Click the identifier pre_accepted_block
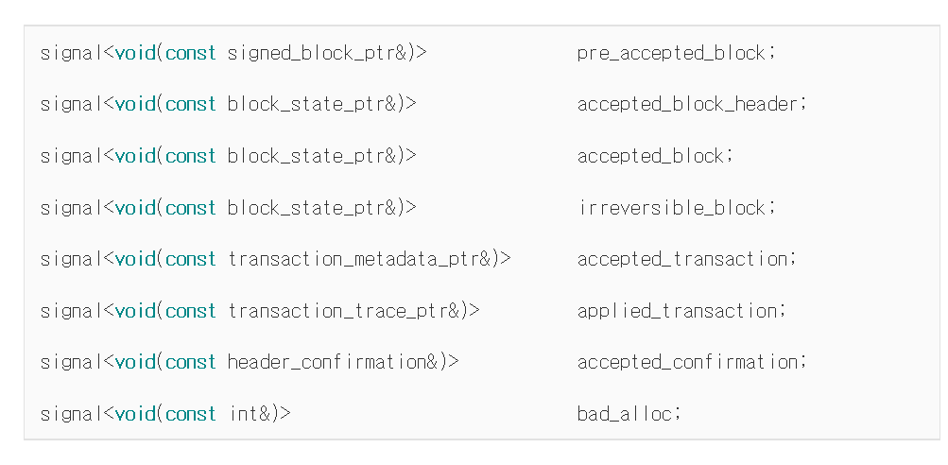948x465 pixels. [x=671, y=54]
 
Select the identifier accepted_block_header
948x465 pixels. [x=687, y=105]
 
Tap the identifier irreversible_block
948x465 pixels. [x=672, y=208]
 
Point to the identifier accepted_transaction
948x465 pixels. [x=682, y=259]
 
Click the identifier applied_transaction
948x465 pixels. [x=677, y=311]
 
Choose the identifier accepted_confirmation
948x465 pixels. [x=687, y=362]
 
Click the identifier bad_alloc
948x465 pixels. [x=625, y=414]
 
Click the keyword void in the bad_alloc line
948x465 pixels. [x=135, y=414]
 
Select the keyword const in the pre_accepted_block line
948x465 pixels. [x=190, y=54]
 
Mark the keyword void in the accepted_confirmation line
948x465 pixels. [x=135, y=362]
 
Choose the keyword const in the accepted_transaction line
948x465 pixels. [x=190, y=259]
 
